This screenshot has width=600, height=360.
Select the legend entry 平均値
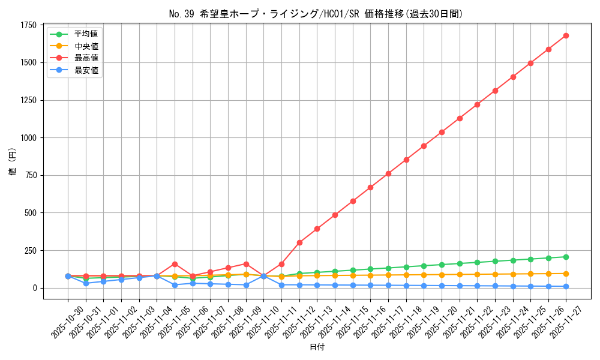pos(86,34)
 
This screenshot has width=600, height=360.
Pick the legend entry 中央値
pos(86,46)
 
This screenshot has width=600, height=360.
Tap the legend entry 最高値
pos(86,58)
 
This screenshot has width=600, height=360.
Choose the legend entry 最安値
pos(86,70)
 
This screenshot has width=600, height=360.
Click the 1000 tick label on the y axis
pos(29,138)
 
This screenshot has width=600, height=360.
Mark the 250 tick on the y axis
pos(31,251)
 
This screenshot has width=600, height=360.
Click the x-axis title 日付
pos(317,347)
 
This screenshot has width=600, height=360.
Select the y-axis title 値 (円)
pos(13,162)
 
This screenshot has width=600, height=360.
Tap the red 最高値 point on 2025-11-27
pos(566,35)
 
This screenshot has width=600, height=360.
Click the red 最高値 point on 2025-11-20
pos(442,132)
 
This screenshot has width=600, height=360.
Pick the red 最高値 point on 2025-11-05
pos(175,264)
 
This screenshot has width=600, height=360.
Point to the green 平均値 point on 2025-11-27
pos(566,257)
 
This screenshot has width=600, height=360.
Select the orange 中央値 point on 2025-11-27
pos(566,274)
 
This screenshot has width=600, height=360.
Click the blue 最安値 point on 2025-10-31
pos(86,283)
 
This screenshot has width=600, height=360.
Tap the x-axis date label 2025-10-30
pos(59,322)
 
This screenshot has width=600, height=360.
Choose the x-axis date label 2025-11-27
pos(557,322)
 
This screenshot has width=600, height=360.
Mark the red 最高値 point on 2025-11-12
pos(299,242)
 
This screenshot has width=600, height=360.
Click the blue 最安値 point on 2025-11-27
pos(566,286)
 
